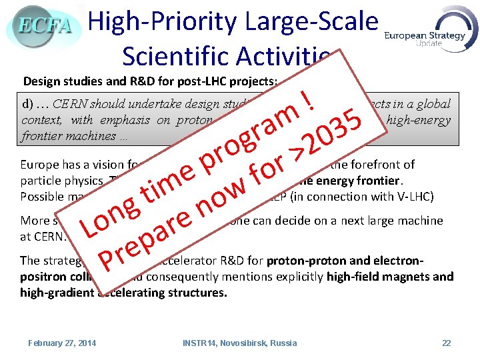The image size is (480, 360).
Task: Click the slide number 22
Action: [x=447, y=343]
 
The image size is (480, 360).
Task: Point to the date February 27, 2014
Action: [x=62, y=343]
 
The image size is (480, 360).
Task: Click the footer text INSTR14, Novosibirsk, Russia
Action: [x=240, y=343]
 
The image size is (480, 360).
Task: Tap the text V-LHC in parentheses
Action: [x=415, y=197]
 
